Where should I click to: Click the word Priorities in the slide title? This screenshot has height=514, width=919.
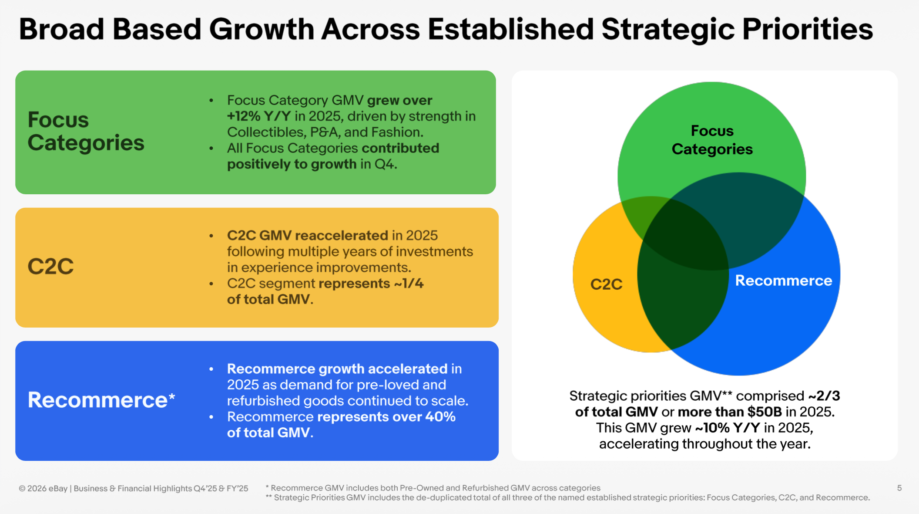click(807, 29)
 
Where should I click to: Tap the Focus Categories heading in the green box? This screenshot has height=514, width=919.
click(86, 131)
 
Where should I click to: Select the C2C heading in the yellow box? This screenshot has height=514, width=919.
click(50, 266)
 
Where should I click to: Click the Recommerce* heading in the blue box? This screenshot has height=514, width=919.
click(101, 399)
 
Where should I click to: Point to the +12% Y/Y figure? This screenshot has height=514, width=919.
click(259, 116)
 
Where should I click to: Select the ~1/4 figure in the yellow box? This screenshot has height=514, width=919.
click(409, 283)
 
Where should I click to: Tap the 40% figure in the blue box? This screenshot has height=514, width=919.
click(440, 416)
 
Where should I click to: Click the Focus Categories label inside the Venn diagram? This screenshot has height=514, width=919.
click(712, 140)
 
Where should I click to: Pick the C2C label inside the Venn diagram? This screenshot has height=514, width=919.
click(606, 284)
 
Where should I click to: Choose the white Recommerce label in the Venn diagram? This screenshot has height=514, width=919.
click(783, 281)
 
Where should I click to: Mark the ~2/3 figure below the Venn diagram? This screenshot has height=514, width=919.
click(824, 396)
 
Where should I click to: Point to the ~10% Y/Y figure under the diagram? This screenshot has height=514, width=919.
click(728, 428)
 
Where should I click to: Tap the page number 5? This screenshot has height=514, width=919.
click(899, 488)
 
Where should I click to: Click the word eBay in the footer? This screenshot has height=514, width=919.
click(58, 488)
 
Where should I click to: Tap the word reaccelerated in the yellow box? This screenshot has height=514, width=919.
click(342, 235)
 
